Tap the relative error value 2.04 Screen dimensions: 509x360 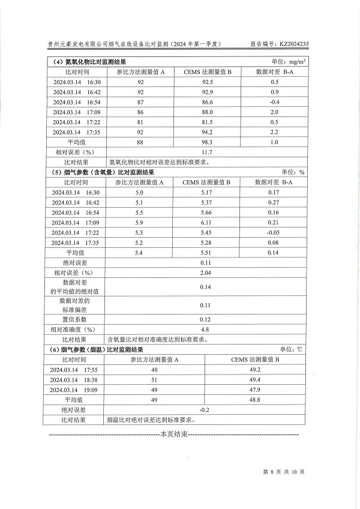pos(205,273)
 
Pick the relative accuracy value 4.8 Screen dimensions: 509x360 pos(205,329)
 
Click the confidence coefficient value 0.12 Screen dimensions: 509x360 pos(205,319)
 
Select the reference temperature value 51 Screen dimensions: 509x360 pos(154,379)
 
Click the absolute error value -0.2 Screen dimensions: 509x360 pos(205,410)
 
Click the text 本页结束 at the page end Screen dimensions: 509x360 pos(174,433)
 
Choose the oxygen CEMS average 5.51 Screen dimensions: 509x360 pos(205,253)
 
